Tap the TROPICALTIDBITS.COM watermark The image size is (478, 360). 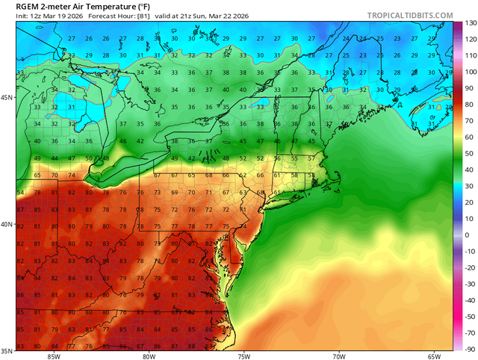[410, 15]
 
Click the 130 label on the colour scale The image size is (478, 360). [468, 22]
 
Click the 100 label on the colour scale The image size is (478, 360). [468, 72]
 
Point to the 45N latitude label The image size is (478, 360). [7, 98]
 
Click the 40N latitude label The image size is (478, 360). [7, 224]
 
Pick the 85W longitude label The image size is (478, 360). [53, 356]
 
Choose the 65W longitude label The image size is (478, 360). [434, 356]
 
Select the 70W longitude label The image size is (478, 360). [338, 356]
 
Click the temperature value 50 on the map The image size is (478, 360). [88, 158]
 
